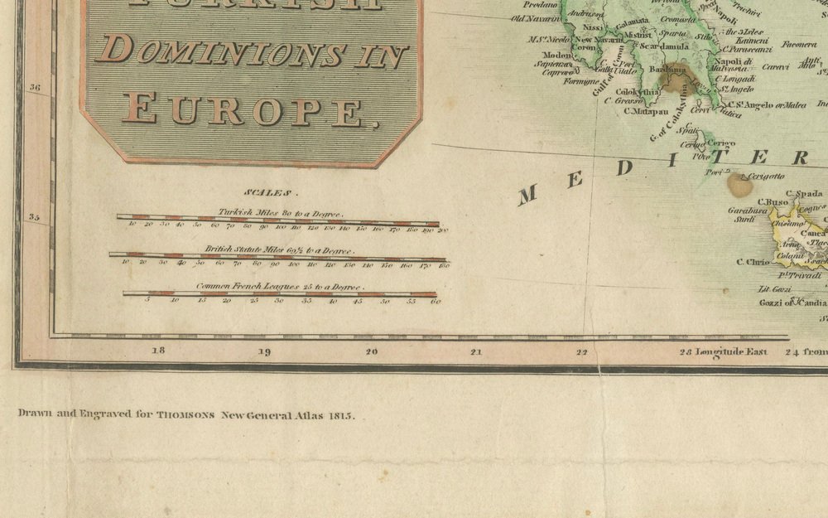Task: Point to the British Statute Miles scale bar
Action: click(278, 258)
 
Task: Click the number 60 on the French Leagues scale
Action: click(436, 302)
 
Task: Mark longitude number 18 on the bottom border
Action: click(158, 351)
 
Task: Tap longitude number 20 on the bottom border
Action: click(370, 351)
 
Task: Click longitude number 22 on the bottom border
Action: click(581, 351)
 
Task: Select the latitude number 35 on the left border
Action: click(35, 217)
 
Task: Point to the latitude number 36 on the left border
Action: click(35, 86)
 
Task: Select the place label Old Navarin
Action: click(536, 17)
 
